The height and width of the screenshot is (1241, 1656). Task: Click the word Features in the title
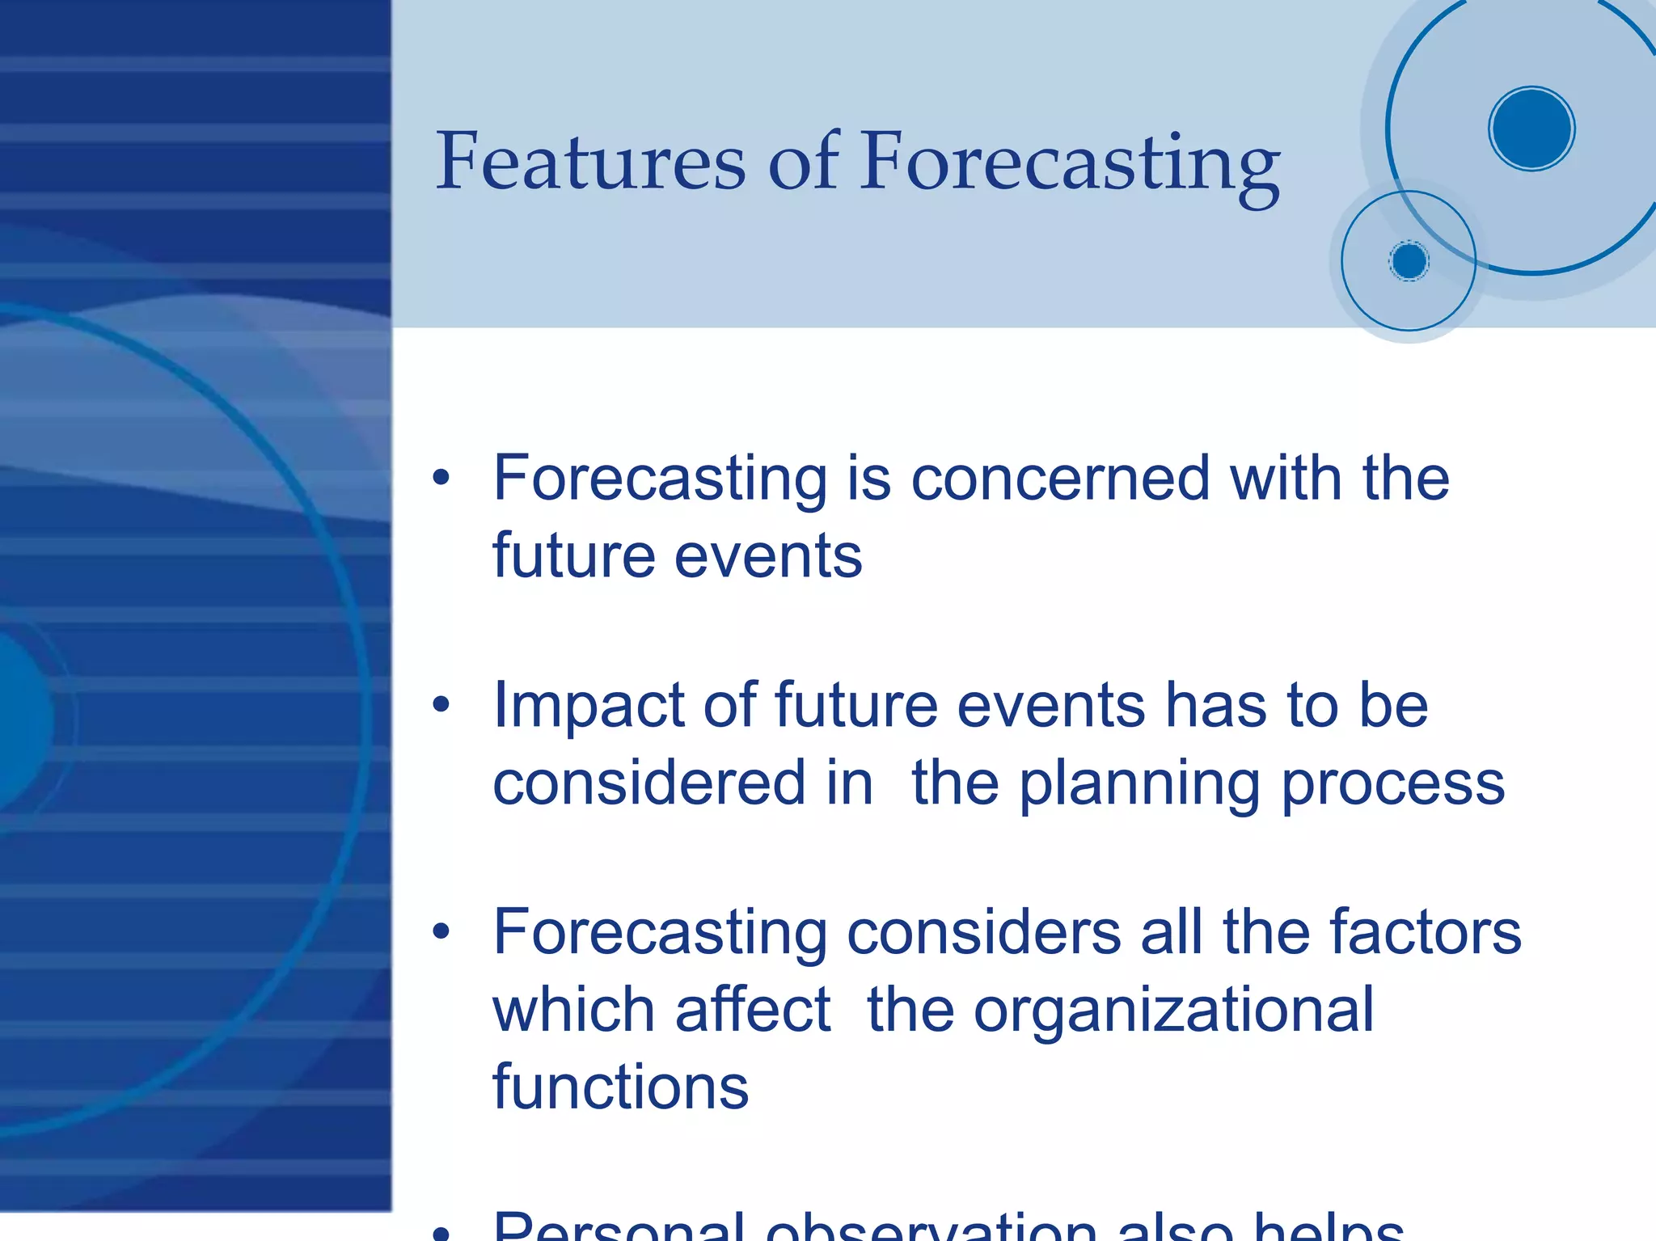pos(590,162)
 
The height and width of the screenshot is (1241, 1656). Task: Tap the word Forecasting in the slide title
pos(1069,162)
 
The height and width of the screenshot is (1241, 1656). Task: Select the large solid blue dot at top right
pos(1531,129)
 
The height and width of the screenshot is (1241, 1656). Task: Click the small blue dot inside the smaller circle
pos(1409,261)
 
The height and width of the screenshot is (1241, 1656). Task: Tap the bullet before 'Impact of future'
pos(441,704)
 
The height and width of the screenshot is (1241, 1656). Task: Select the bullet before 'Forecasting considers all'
pos(441,931)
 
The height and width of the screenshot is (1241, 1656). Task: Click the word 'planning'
pos(1138,784)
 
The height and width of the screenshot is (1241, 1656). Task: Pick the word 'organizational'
pos(1172,1011)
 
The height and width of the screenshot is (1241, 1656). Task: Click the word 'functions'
pos(620,1087)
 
